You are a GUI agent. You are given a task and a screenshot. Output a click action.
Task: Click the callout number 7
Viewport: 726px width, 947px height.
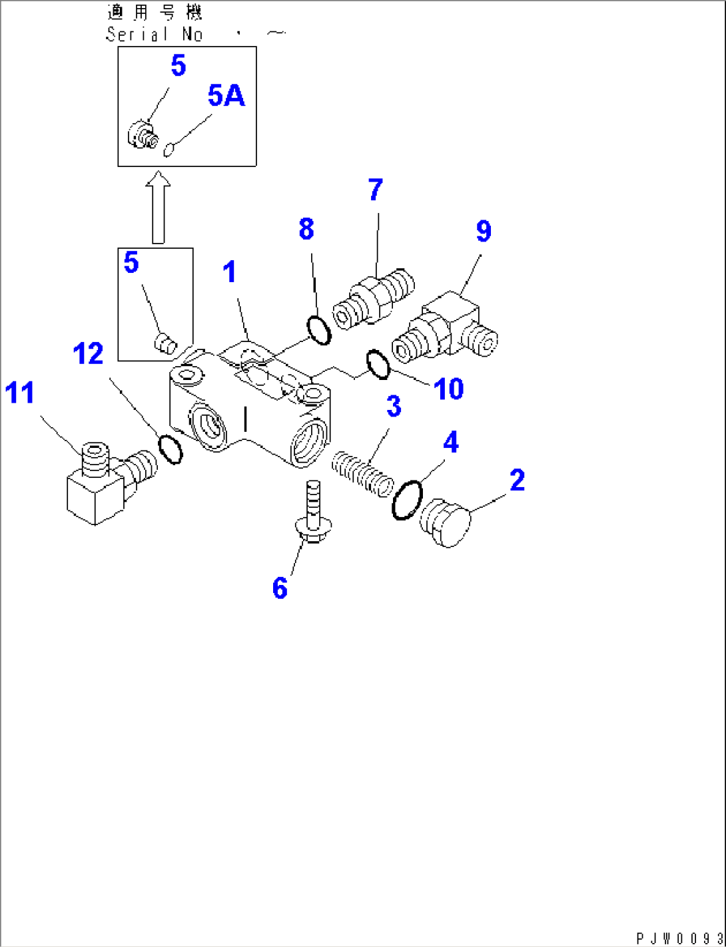tap(376, 190)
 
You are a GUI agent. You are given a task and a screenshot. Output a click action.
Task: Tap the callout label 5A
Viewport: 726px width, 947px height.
tap(226, 96)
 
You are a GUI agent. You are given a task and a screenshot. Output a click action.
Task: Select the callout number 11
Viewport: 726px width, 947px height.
tap(19, 393)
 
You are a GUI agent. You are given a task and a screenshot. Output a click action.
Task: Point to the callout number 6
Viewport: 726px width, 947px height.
tap(280, 588)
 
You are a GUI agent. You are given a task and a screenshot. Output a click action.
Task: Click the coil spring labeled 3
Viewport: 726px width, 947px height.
tap(362, 473)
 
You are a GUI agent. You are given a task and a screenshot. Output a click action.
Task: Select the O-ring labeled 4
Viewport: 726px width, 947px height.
tap(407, 500)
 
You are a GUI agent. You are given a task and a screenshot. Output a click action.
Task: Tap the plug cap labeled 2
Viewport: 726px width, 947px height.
tap(445, 523)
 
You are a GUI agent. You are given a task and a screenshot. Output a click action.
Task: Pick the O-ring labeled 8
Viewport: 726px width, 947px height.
tap(319, 330)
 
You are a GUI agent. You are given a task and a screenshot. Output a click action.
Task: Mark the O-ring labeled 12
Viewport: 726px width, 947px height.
tap(171, 449)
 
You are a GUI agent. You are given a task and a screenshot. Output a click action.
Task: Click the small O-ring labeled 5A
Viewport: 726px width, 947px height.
tap(169, 150)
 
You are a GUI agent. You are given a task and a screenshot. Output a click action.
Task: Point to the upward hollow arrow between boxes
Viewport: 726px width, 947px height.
tap(158, 206)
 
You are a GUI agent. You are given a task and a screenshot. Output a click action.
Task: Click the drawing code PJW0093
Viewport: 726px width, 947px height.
tap(678, 938)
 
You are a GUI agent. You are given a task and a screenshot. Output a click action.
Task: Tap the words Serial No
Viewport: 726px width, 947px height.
tap(154, 35)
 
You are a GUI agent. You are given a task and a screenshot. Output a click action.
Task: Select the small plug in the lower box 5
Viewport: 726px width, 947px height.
tap(164, 344)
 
